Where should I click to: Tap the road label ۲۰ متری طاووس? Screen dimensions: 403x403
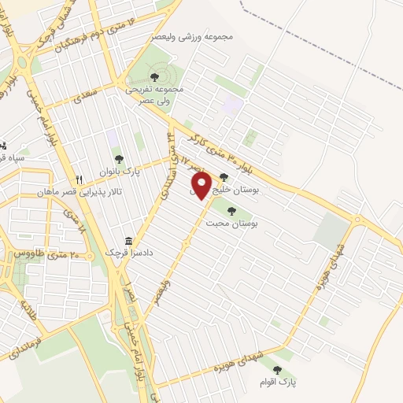click(49, 254)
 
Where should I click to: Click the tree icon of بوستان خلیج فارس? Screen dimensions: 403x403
click(224, 177)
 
